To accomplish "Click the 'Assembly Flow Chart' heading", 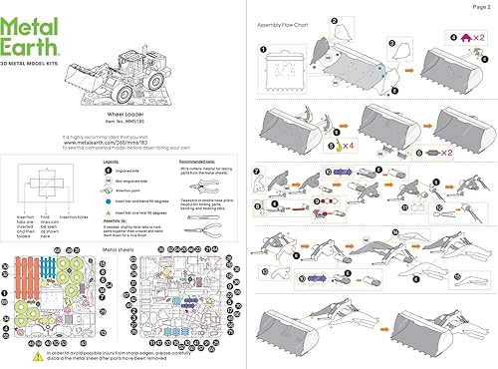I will pos(286,22).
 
